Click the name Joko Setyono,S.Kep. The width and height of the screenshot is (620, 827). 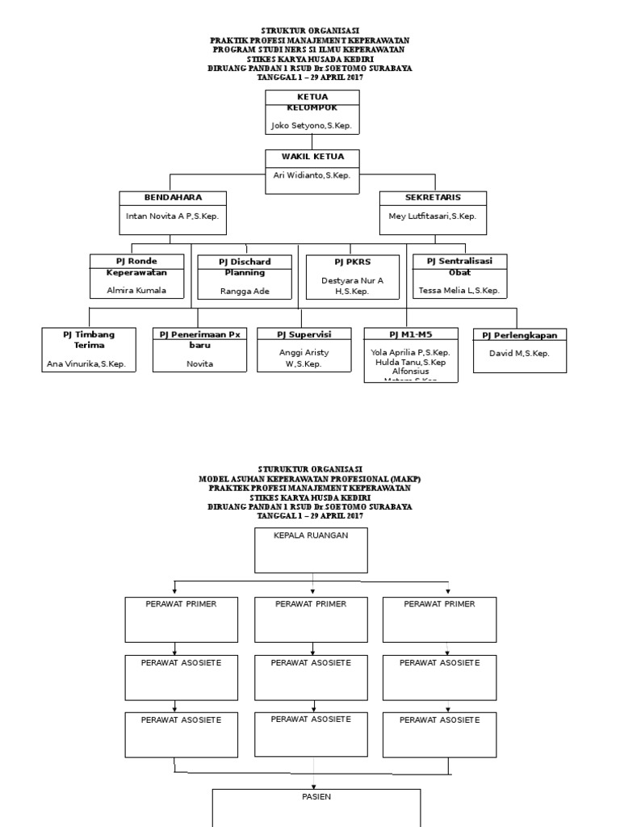312,127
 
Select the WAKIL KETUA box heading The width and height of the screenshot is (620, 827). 312,157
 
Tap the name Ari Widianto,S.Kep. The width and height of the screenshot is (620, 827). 312,175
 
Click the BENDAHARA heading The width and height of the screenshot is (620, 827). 173,197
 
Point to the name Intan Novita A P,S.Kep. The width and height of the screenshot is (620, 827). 173,216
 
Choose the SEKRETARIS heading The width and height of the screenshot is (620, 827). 433,197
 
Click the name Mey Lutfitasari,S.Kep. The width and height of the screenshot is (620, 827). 433,216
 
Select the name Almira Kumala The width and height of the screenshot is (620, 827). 136,289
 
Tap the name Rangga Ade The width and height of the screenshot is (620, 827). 245,291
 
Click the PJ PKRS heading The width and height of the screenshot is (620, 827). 352,262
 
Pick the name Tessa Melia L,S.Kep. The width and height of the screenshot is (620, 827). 459,290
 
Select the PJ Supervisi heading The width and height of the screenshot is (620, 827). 304,334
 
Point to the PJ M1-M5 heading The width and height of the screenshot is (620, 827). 410,334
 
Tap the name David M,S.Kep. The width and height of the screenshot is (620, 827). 520,353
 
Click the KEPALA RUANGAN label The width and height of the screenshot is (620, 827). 312,536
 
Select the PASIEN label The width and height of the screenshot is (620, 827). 316,796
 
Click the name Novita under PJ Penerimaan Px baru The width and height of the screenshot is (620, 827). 199,364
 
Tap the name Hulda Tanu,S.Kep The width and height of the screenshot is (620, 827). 410,363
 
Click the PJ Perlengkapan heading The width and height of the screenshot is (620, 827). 520,334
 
